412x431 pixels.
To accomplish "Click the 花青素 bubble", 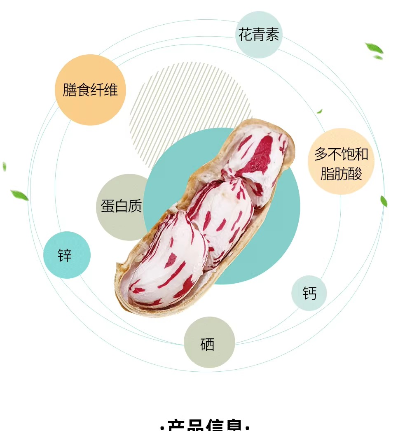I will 259,35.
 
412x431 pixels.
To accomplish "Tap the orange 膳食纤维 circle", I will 90,90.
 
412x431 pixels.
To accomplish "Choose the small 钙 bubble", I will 309,293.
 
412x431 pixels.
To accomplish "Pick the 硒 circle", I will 209,342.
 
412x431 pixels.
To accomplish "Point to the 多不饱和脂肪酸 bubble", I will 341,161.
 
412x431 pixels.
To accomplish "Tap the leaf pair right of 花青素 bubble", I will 375,50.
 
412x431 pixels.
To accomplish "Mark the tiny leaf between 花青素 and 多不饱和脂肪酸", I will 319,111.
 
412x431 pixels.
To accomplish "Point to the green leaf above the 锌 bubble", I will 19,195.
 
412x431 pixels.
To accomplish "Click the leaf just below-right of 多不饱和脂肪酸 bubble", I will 384,201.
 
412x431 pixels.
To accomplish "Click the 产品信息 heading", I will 205,426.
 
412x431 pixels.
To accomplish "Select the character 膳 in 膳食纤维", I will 70,90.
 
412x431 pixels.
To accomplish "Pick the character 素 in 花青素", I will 272,35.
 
